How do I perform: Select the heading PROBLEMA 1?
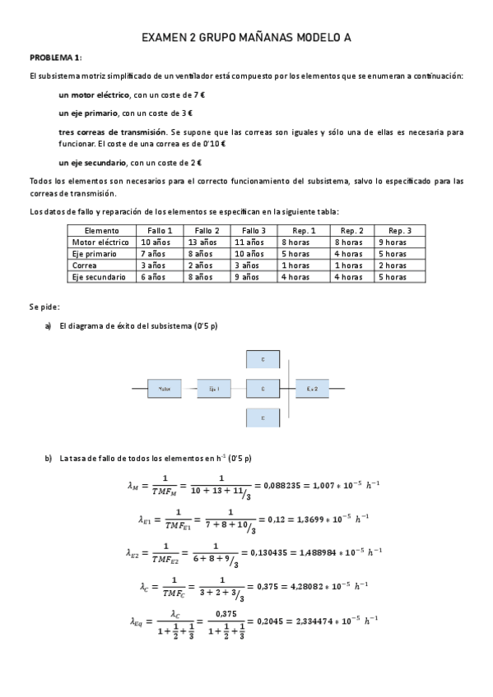coord(55,58)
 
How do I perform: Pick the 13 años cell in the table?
coord(202,242)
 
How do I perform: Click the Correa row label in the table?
coord(86,265)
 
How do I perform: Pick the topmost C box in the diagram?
coord(263,359)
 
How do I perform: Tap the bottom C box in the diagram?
coord(263,418)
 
